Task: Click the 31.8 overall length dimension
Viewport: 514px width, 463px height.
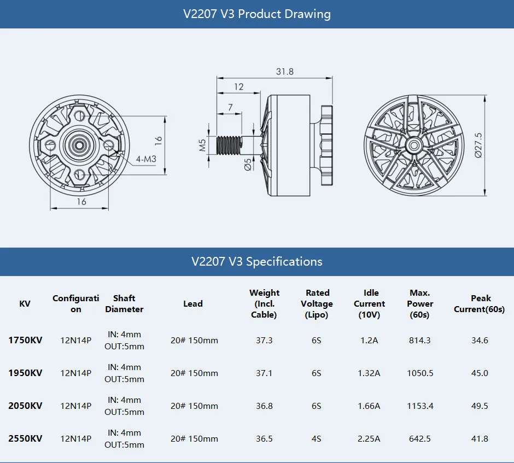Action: coord(284,72)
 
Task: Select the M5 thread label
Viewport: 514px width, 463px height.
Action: coord(203,144)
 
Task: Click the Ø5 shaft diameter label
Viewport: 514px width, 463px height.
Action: coord(248,164)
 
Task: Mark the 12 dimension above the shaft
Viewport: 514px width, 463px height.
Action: coord(239,87)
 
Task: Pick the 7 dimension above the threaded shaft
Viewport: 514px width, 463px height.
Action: coord(230,106)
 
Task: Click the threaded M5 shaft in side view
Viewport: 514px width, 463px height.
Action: coord(229,145)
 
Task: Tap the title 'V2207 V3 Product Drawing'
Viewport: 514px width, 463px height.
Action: coord(257,14)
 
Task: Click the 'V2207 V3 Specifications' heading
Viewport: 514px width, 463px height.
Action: coord(257,261)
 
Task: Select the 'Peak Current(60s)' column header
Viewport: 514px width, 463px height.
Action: coord(479,304)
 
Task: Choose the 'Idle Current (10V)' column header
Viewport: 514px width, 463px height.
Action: coord(370,304)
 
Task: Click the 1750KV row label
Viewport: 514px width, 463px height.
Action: coord(25,340)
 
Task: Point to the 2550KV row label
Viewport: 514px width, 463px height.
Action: coord(25,438)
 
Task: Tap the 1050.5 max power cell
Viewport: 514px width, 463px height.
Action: coord(420,373)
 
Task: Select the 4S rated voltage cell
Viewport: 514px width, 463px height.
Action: coord(317,438)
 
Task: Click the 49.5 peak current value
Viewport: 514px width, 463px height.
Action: coord(479,406)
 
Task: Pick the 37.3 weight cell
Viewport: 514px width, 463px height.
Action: coord(264,340)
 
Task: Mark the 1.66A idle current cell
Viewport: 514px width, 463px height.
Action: coord(370,406)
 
